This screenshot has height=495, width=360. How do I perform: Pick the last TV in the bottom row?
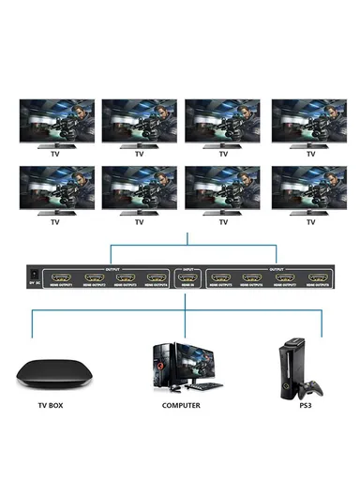point(307,187)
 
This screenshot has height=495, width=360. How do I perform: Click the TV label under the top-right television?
point(307,155)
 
